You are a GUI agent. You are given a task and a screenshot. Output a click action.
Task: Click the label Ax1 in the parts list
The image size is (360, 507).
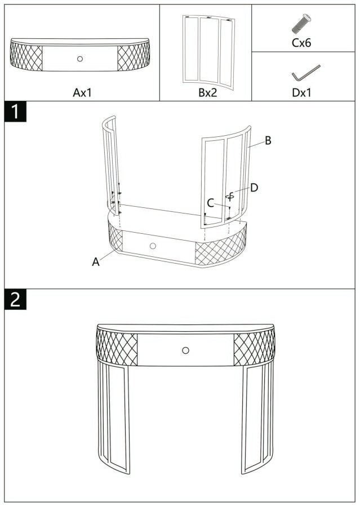82,92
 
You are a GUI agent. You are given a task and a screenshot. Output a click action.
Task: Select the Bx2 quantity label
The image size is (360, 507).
207,92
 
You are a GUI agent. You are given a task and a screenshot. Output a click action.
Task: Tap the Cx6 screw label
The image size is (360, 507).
301,42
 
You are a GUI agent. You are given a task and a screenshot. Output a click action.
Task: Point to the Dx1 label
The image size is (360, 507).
301,92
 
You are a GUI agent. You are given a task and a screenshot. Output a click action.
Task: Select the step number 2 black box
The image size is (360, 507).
15,299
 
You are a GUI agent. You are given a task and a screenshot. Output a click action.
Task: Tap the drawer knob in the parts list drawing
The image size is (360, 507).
80,59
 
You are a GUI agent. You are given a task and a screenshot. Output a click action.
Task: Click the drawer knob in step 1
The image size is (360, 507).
153,246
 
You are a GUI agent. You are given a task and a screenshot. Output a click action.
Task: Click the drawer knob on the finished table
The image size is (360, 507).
185,350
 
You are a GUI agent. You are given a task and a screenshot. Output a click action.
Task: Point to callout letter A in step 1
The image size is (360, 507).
96,261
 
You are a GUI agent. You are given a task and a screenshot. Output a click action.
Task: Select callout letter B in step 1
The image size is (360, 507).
268,141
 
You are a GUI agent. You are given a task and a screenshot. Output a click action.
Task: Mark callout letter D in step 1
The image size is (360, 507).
254,188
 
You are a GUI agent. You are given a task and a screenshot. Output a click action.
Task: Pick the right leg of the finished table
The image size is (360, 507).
258,417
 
